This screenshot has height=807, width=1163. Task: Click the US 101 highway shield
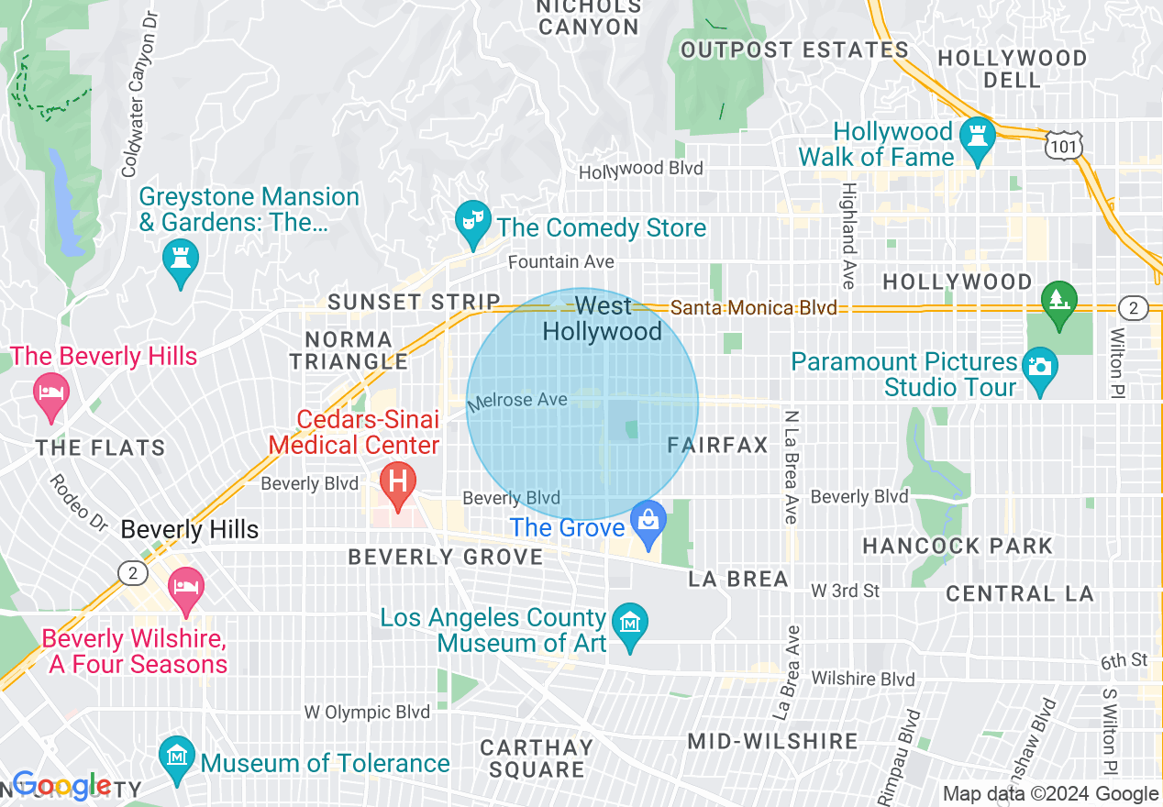point(1064,144)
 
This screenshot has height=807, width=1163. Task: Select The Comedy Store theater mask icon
point(472,221)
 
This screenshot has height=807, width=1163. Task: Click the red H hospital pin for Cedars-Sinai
point(398,482)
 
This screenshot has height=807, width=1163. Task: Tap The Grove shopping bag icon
point(649,521)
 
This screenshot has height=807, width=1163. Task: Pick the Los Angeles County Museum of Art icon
point(630,625)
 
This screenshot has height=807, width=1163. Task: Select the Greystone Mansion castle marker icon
point(180,259)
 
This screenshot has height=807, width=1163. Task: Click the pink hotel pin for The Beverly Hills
point(50,393)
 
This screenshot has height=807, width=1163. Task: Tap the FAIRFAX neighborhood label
point(717,446)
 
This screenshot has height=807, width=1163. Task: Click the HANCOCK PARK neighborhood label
point(958,547)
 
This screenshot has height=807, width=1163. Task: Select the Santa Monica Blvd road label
point(754,308)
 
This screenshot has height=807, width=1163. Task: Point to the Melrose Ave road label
point(517,401)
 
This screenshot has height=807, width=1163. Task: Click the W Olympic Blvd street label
point(367,712)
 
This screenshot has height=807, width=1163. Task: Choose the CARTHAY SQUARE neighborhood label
point(537,758)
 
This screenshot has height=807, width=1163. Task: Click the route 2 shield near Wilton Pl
point(1133,308)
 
